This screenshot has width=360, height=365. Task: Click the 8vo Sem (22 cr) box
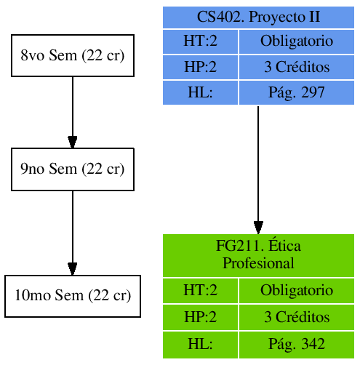tap(72, 55)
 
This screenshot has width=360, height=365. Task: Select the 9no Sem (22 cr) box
tap(72, 169)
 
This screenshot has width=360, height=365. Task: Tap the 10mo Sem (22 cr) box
tap(72, 296)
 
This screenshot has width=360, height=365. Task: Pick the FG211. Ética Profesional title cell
tap(258, 254)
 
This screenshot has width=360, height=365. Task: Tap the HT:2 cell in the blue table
tap(200, 42)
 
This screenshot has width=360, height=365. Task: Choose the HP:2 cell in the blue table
tap(200, 68)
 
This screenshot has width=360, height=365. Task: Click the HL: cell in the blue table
tap(200, 92)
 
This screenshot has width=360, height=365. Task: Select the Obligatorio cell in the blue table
tap(297, 42)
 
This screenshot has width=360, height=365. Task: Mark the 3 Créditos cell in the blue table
tap(297, 68)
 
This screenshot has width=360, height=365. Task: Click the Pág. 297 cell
tap(297, 92)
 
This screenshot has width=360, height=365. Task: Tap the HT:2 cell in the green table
tap(200, 291)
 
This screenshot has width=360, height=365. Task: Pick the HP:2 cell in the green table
tap(200, 318)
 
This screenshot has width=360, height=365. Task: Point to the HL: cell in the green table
tap(200, 344)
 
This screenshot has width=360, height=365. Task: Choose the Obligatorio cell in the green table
tap(297, 291)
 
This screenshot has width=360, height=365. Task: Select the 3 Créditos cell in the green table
tap(297, 318)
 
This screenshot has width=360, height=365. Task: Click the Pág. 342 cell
tap(297, 344)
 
